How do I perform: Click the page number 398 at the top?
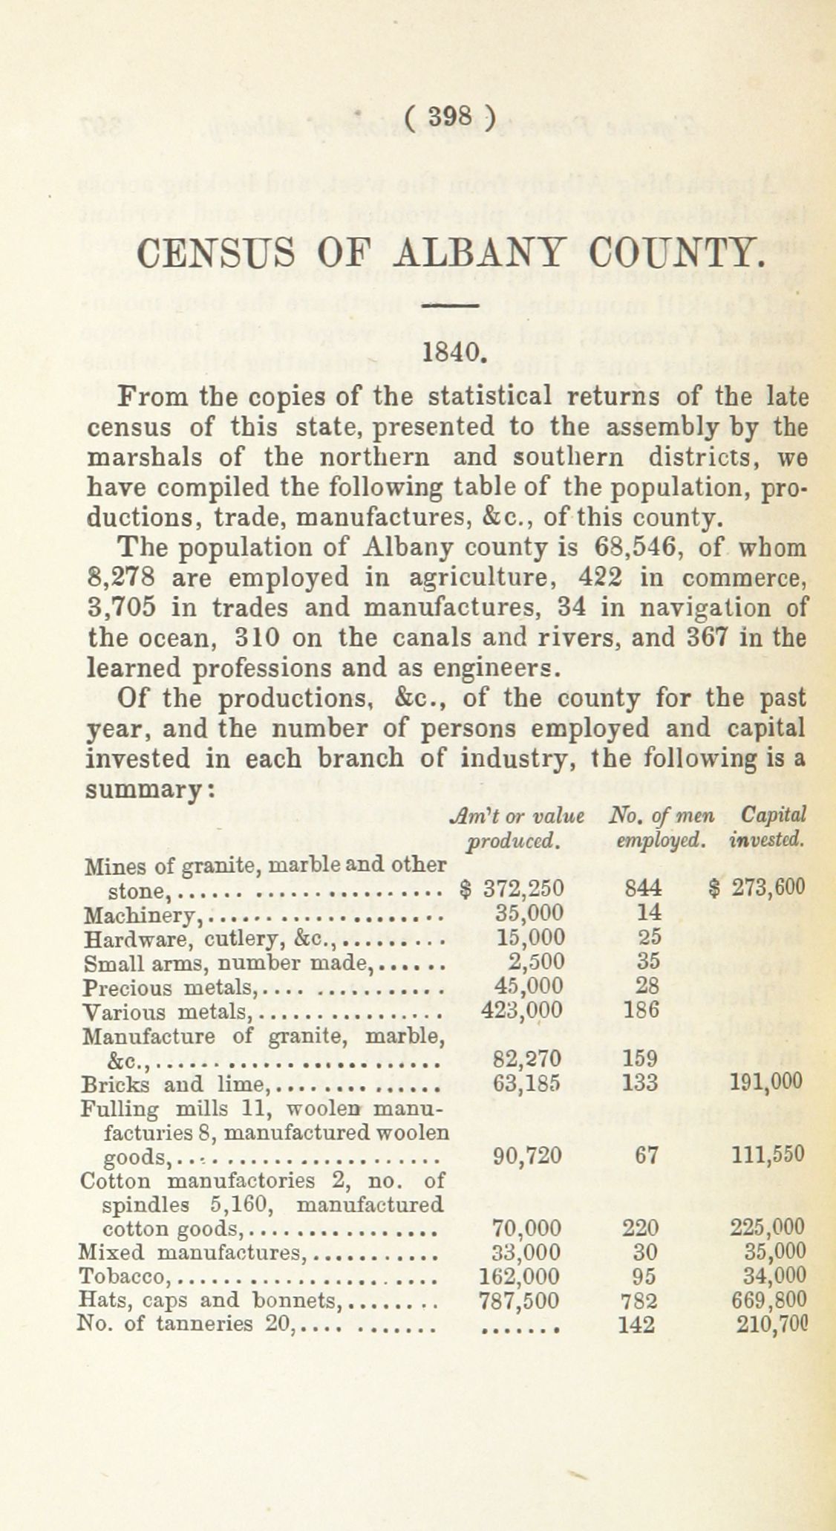pos(450,116)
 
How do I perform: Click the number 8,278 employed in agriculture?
pos(121,578)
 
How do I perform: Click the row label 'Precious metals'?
pos(168,987)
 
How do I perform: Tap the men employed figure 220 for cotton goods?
pos(644,1226)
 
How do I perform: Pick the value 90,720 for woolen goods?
pos(527,1154)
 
